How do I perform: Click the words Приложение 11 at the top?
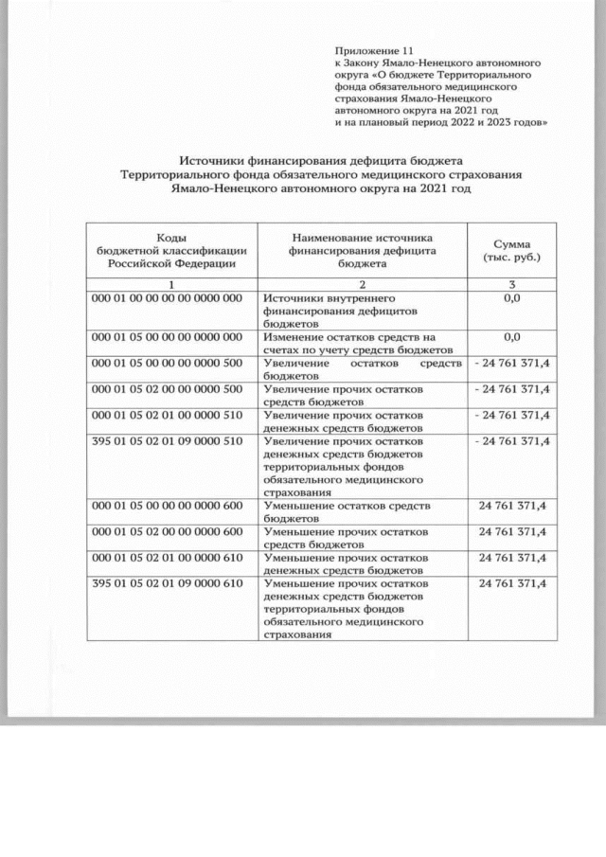[x=375, y=48]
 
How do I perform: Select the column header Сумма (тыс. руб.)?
[x=511, y=251]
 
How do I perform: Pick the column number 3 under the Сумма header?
[x=511, y=284]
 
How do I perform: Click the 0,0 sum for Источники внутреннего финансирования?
[x=512, y=298]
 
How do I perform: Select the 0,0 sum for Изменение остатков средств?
[x=512, y=337]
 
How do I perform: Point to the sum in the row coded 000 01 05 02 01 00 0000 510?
[x=512, y=415]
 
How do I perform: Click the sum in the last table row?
[x=512, y=583]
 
